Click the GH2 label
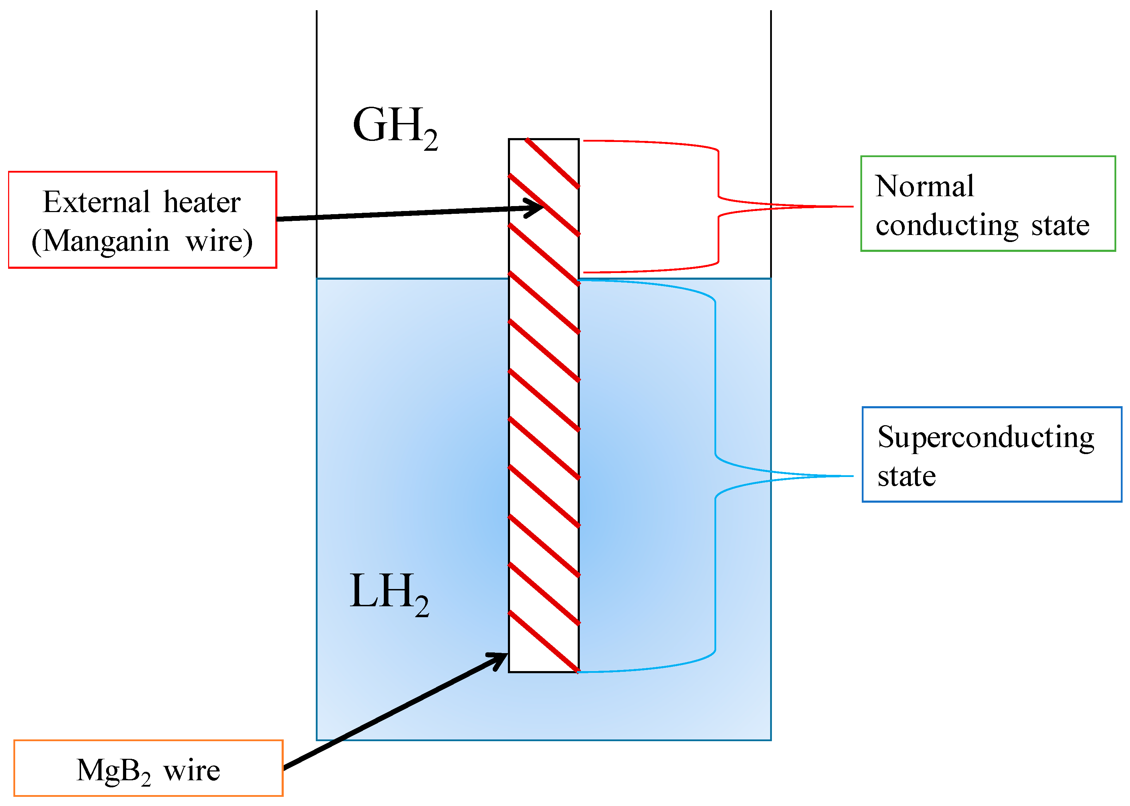[x=395, y=126]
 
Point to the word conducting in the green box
[x=947, y=226]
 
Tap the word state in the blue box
[x=907, y=477]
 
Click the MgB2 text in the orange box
[x=113, y=771]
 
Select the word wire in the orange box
[x=192, y=771]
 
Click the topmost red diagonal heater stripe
[x=552, y=163]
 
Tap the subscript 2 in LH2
[x=422, y=607]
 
